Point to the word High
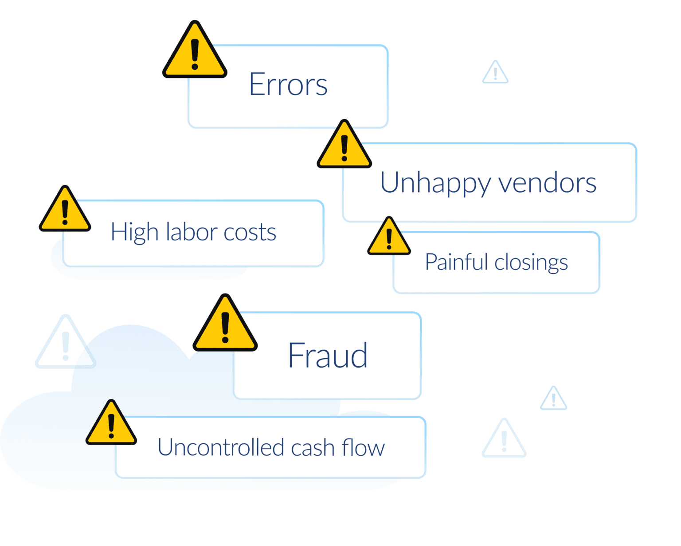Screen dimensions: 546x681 coord(134,232)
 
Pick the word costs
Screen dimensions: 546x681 coord(250,232)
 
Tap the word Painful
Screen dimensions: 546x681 coord(456,262)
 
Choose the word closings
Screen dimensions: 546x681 coord(531,263)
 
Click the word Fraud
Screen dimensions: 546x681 coord(328,355)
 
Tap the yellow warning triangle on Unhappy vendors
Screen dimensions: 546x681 coord(344,148)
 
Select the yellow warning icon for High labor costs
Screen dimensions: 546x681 coord(65,212)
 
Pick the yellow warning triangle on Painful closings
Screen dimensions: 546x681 coord(389,239)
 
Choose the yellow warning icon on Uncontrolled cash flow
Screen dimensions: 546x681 coord(111,426)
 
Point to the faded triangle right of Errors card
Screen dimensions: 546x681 coord(495,74)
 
